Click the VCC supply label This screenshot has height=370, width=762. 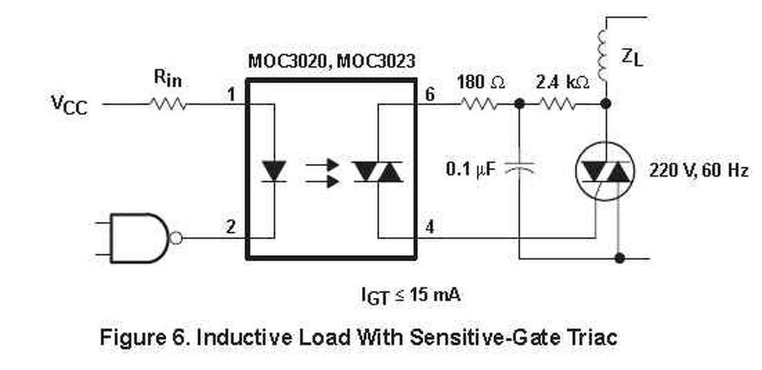pyautogui.click(x=69, y=105)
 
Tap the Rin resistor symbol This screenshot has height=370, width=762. pyautogui.click(x=168, y=105)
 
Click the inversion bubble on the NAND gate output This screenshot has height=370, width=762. pyautogui.click(x=176, y=239)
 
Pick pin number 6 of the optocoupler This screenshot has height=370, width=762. pyautogui.click(x=430, y=94)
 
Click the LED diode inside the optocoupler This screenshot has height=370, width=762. pyautogui.click(x=274, y=171)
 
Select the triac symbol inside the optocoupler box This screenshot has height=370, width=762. pyautogui.click(x=378, y=171)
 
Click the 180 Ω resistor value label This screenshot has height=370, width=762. pyautogui.click(x=481, y=83)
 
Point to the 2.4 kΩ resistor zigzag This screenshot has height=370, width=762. pyautogui.click(x=557, y=105)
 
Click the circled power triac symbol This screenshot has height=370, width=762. pyautogui.click(x=605, y=171)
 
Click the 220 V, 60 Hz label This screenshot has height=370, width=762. pyautogui.click(x=698, y=171)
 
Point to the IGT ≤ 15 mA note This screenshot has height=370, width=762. pyautogui.click(x=411, y=296)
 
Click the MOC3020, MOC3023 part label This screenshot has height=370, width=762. pyautogui.click(x=332, y=61)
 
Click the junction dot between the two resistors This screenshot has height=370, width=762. pyautogui.click(x=520, y=105)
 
